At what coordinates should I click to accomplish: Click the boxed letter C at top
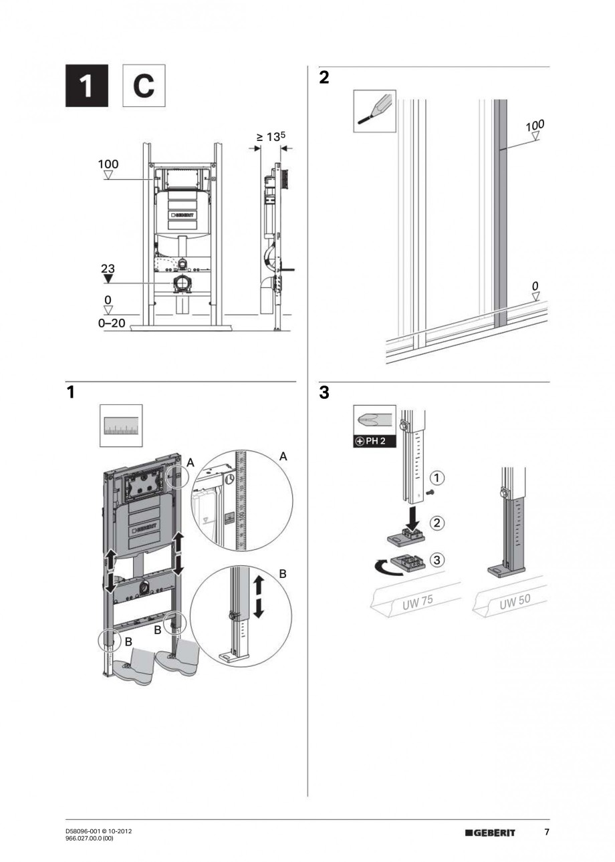[x=142, y=86]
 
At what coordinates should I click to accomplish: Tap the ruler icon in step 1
[x=121, y=426]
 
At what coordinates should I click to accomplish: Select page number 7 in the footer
[x=546, y=832]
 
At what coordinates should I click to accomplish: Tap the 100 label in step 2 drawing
[x=535, y=125]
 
